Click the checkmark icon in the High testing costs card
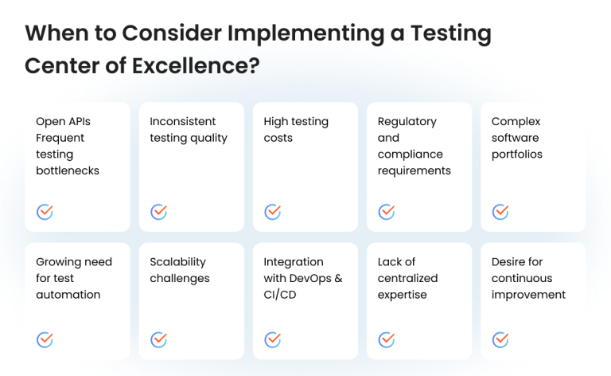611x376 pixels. [272, 212]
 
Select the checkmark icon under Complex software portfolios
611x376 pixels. [500, 212]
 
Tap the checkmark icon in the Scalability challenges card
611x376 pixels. [158, 339]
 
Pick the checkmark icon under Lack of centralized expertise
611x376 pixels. [387, 339]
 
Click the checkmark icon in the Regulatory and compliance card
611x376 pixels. [387, 212]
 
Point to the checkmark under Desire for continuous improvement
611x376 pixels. [500, 339]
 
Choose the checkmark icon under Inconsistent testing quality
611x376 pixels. [158, 212]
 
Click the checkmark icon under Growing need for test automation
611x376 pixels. [45, 339]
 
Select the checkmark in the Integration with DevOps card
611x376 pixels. [272, 339]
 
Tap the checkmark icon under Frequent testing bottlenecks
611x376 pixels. [45, 212]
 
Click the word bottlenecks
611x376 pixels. [68, 170]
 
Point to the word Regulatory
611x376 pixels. [407, 121]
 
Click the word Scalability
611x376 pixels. [177, 262]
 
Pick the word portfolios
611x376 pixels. [517, 154]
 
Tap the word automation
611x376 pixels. [68, 295]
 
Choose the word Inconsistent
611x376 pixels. [183, 121]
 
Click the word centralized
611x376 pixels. [407, 278]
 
